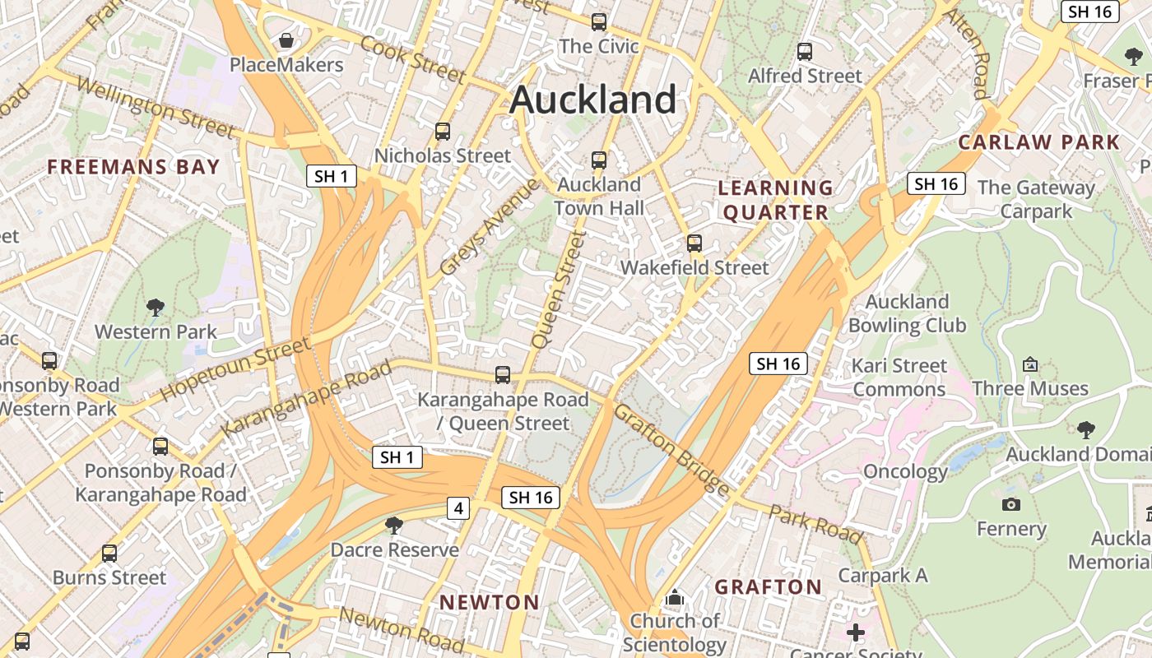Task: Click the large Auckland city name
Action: (592, 100)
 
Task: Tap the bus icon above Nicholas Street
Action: (443, 132)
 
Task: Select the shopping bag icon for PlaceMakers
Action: (286, 40)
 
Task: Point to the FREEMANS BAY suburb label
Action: (133, 167)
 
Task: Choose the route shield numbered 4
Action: (458, 509)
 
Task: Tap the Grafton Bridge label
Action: (671, 449)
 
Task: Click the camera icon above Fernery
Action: (1011, 504)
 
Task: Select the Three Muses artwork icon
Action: (1029, 364)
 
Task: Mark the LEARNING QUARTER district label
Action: (773, 200)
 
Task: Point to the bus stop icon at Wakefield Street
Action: (694, 243)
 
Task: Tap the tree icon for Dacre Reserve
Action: (394, 525)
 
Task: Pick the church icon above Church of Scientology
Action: (675, 597)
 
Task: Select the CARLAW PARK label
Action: (1038, 142)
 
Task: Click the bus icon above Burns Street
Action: (109, 554)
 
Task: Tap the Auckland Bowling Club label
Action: (907, 313)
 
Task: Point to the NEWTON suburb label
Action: (490, 602)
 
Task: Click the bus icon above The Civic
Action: (599, 22)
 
